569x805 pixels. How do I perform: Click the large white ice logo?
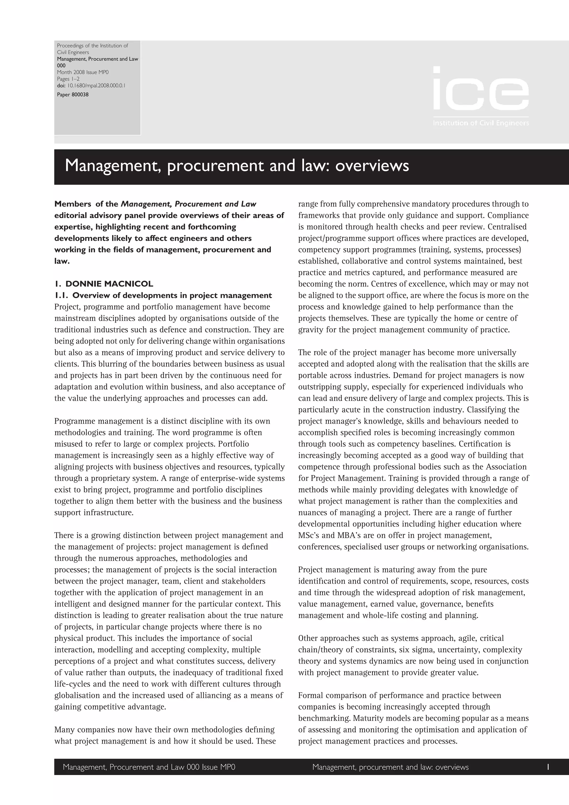point(481,89)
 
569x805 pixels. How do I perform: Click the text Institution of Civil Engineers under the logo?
point(481,123)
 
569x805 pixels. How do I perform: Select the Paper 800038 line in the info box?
point(73,95)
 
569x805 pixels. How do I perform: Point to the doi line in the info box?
point(91,85)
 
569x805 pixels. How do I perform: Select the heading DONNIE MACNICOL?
point(109,284)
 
